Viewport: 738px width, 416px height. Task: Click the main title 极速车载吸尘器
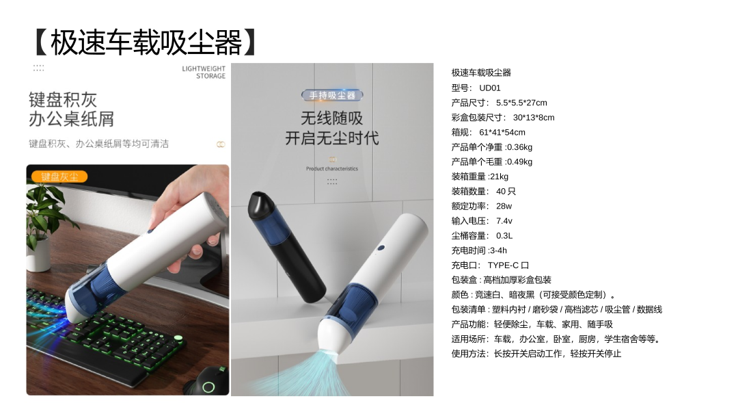pos(146,42)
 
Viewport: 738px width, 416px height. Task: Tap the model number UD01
pos(489,88)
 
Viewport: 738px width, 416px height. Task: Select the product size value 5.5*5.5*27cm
pos(521,103)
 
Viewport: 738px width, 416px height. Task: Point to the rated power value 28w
pos(504,206)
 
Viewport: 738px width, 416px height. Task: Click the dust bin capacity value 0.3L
pos(504,235)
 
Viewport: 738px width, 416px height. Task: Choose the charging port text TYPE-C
pos(503,265)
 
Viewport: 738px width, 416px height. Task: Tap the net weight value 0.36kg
pos(519,147)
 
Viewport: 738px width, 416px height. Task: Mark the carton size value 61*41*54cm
pos(502,132)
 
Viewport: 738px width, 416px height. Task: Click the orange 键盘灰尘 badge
pos(59,177)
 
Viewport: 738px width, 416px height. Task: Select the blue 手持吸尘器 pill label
pos(332,96)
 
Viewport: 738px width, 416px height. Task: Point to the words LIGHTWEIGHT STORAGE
pos(204,72)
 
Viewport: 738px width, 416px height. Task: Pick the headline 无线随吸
pos(332,118)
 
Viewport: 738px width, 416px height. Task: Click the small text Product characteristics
pos(332,169)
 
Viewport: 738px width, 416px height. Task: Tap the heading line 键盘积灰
pos(63,100)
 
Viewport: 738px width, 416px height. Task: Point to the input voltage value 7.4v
pos(504,221)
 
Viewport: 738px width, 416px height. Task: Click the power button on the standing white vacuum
pos(381,248)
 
